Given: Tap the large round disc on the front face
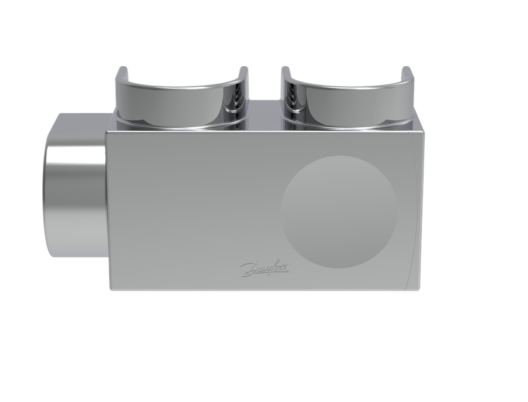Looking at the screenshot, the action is click(x=339, y=212).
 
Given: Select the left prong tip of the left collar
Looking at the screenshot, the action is click(x=122, y=69).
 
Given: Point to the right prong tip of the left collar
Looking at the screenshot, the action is click(x=244, y=69).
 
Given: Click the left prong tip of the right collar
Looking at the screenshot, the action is click(x=286, y=69).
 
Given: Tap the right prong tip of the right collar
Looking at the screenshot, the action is click(x=407, y=69).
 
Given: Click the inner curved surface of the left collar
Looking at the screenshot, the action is click(x=182, y=101).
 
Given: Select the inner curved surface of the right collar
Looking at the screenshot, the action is click(x=347, y=101).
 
